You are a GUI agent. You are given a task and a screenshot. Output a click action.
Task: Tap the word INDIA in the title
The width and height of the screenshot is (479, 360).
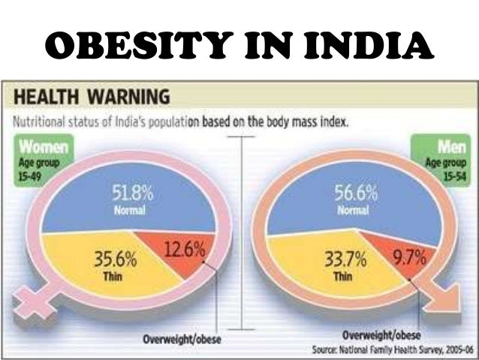point(372,47)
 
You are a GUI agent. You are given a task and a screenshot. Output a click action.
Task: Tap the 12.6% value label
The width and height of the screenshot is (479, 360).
point(184,248)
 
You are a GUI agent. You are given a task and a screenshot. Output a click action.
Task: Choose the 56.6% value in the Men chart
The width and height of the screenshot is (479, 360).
point(354,194)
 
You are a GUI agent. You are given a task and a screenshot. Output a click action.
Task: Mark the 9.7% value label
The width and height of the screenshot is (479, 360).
point(410,259)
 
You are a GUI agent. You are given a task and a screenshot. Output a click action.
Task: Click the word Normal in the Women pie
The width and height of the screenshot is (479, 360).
point(129,210)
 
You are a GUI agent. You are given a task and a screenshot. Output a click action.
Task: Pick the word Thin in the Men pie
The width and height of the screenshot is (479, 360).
point(342,276)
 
